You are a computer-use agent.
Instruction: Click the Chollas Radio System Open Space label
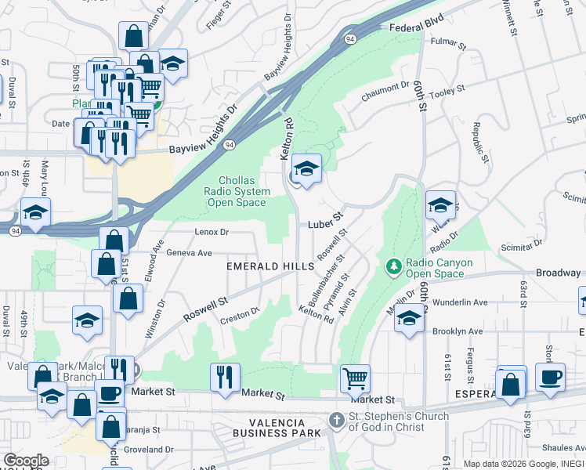click(x=237, y=191)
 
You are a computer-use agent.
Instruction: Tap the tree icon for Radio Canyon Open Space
click(x=394, y=268)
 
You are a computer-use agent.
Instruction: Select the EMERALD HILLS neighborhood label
click(x=269, y=267)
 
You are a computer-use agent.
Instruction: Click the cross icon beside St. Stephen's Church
click(x=337, y=421)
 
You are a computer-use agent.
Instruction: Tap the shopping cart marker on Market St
click(x=355, y=379)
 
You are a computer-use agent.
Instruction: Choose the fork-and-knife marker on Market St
click(x=225, y=377)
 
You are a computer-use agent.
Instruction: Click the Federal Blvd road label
click(x=416, y=27)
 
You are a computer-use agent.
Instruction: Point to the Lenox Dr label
click(x=212, y=232)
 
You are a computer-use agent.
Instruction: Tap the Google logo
click(x=27, y=461)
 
